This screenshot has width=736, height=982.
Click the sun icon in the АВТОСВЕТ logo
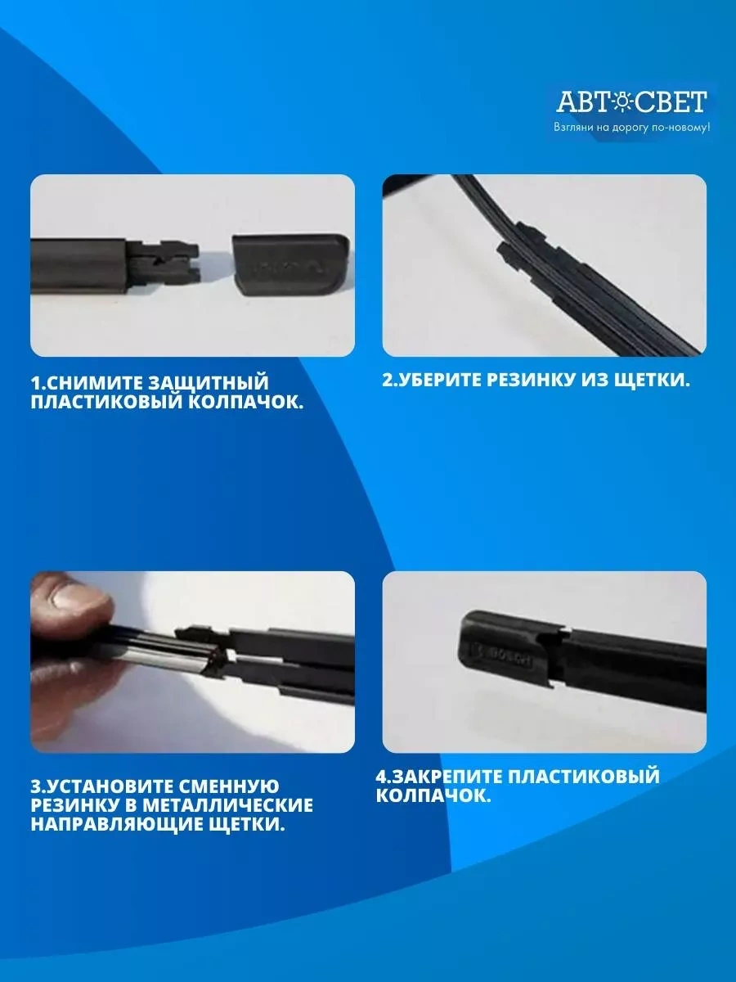[x=622, y=102]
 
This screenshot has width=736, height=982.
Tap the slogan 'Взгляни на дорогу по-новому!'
[x=631, y=128]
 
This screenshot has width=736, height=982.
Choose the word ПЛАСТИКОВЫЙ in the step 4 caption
[x=583, y=775]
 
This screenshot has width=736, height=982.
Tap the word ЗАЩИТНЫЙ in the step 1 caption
[x=216, y=383]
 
